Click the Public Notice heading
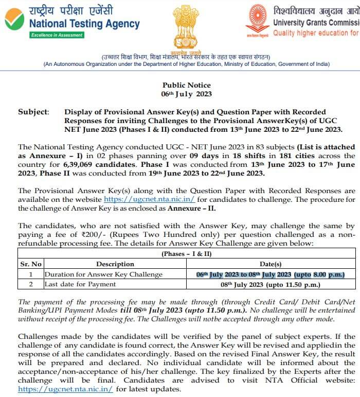coord(187,85)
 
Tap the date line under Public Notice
coord(187,94)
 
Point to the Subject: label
coord(33,112)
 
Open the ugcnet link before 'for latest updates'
coord(65,389)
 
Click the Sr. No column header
coord(30,264)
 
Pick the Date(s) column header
coord(270,264)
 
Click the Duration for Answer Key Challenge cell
coord(103,274)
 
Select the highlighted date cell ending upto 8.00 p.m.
coord(270,274)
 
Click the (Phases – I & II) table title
coord(187,254)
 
